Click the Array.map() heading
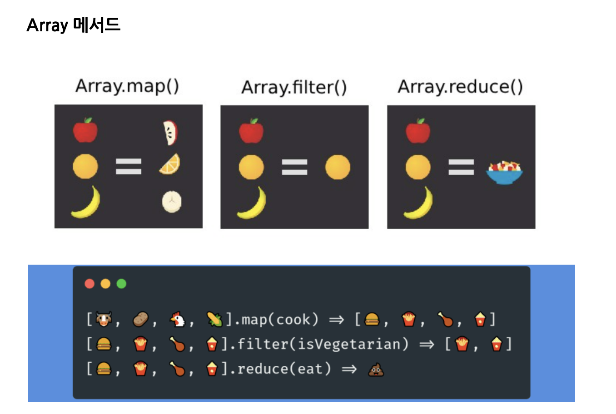(x=127, y=86)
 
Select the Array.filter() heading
(x=294, y=87)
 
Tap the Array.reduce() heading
(x=460, y=86)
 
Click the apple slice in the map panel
(x=170, y=133)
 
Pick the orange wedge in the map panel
(x=170, y=164)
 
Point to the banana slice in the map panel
(x=172, y=202)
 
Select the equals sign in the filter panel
(x=294, y=167)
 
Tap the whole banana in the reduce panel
(x=418, y=202)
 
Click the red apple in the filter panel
(x=251, y=131)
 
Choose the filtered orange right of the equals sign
(x=338, y=167)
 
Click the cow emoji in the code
(x=104, y=320)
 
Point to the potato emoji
(x=140, y=320)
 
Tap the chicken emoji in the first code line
(x=178, y=320)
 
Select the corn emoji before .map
(x=214, y=320)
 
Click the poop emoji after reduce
(x=376, y=370)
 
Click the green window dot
(x=121, y=284)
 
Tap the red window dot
(x=89, y=284)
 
